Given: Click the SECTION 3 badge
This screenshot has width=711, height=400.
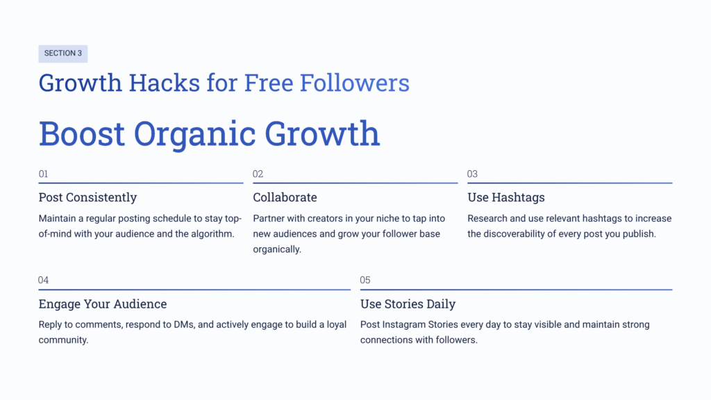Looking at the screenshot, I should [x=62, y=53].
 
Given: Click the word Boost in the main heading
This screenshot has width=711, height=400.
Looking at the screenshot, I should [x=81, y=133].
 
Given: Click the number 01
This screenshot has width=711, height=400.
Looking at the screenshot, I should [x=44, y=174].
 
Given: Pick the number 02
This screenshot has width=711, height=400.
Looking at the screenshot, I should [x=258, y=174].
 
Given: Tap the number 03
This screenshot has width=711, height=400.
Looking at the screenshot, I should [x=473, y=174].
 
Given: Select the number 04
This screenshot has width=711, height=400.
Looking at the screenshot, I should [x=44, y=281].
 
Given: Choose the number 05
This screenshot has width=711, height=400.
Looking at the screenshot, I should [x=365, y=281].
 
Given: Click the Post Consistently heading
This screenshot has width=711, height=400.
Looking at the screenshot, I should [x=87, y=197].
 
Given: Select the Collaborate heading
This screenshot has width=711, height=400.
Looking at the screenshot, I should [x=285, y=197].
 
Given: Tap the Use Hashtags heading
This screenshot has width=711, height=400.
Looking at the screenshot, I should [x=505, y=197].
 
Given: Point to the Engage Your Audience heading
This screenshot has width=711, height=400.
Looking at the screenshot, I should [x=103, y=304].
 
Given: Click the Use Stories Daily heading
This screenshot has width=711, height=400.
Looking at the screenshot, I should [x=408, y=304].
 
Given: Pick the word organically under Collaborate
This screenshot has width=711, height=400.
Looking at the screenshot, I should [x=277, y=249].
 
